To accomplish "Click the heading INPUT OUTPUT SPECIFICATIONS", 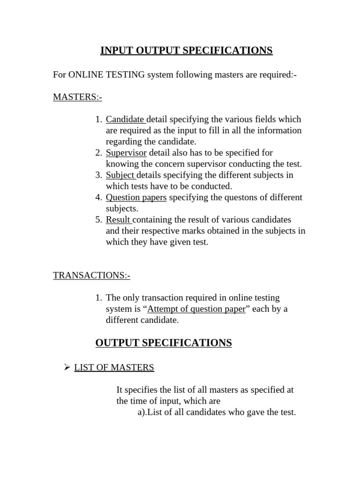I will (186, 51).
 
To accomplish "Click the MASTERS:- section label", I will (77, 97).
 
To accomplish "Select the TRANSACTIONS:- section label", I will (91, 275).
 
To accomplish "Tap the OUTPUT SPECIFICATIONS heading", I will (164, 343).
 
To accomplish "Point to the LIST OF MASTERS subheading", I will (114, 367).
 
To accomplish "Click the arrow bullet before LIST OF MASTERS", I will (67, 367).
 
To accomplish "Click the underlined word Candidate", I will (125, 119).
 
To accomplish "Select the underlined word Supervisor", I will (126, 153).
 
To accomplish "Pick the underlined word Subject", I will (120, 175).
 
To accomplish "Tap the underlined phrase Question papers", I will (136, 197).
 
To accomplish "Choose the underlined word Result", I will (118, 220).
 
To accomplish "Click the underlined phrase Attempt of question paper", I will (196, 309).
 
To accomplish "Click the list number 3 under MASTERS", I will (98, 175).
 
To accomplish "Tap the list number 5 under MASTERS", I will (98, 220).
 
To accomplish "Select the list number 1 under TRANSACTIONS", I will (98, 298).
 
